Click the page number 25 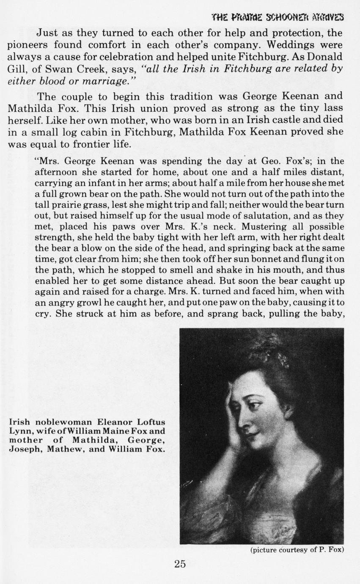pyautogui.click(x=180, y=564)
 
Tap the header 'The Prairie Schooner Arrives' pyautogui.click(x=278, y=17)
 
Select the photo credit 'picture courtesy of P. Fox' pyautogui.click(x=297, y=550)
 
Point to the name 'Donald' pyautogui.click(x=324, y=56)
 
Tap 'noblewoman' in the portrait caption pyautogui.click(x=65, y=422)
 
